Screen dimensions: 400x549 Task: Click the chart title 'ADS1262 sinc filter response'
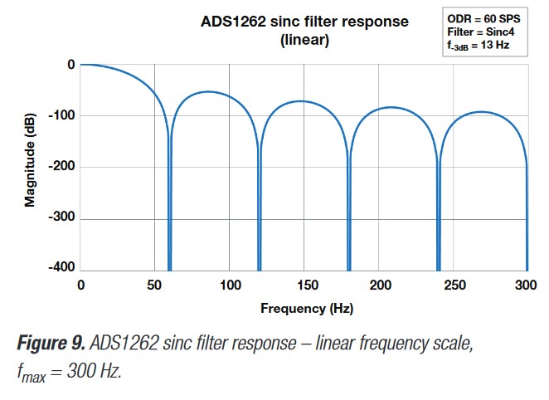pyautogui.click(x=304, y=22)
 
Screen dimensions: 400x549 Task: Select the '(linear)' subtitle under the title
pyautogui.click(x=304, y=40)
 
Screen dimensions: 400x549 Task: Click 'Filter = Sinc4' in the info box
pyautogui.click(x=479, y=32)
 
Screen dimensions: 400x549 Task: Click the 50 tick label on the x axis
pyautogui.click(x=154, y=285)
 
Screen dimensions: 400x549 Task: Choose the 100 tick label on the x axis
pyautogui.click(x=230, y=285)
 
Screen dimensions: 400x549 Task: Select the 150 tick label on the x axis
pyautogui.click(x=304, y=285)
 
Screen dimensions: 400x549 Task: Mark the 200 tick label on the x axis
pyautogui.click(x=379, y=285)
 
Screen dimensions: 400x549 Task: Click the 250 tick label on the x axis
pyautogui.click(x=454, y=285)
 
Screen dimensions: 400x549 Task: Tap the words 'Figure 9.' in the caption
pyautogui.click(x=49, y=342)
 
